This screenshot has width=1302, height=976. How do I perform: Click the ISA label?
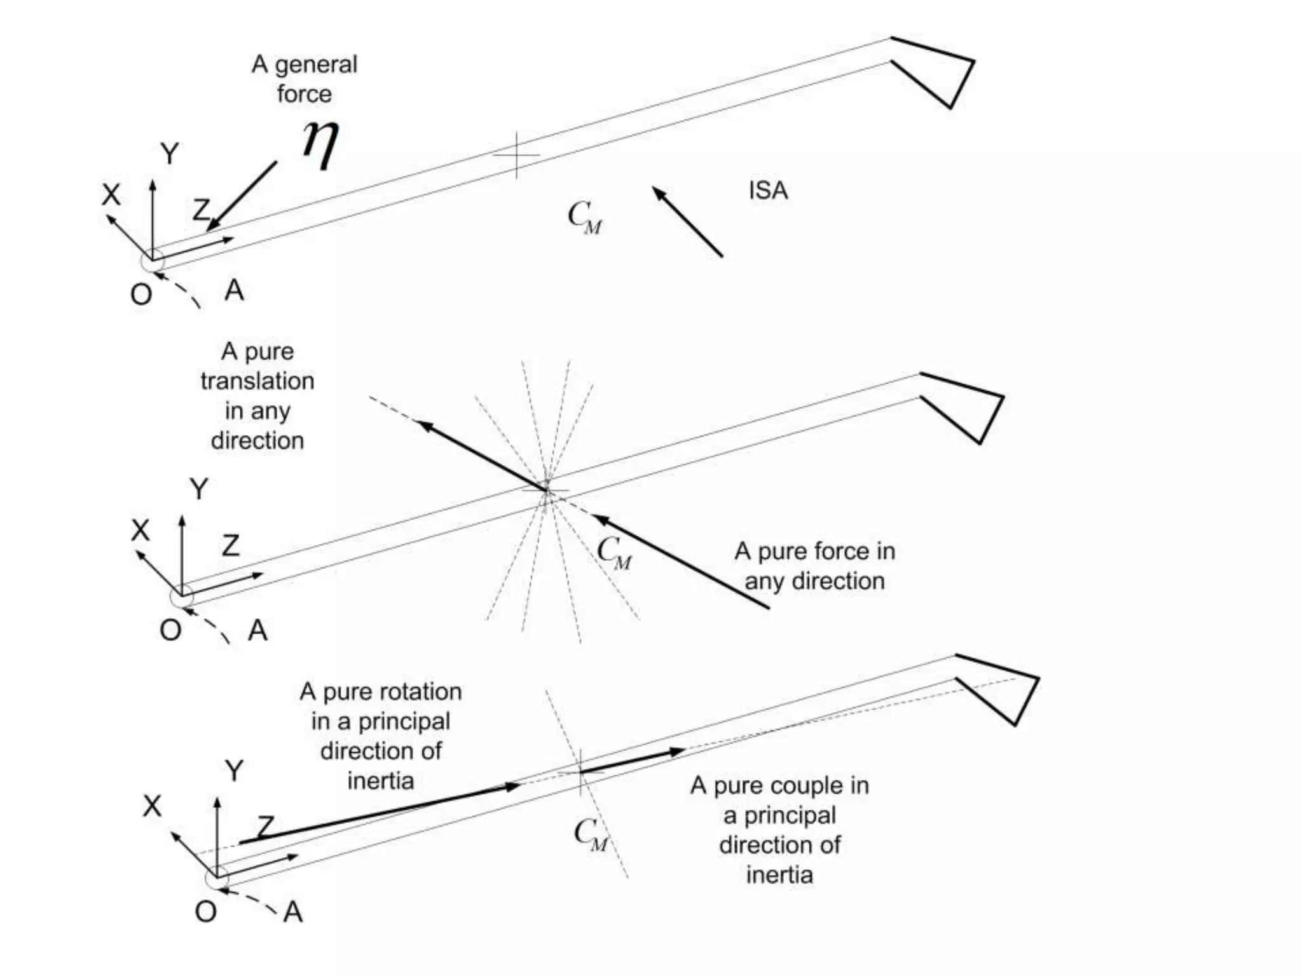pyautogui.click(x=768, y=191)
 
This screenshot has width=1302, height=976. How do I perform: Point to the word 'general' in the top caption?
pyautogui.click(x=316, y=65)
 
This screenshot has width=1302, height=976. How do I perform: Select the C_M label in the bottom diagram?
pyautogui.click(x=591, y=834)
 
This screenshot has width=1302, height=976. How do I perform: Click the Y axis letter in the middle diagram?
pyautogui.click(x=199, y=489)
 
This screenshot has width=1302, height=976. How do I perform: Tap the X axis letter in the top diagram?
pyautogui.click(x=111, y=194)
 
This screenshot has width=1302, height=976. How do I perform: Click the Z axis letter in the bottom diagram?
pyautogui.click(x=266, y=827)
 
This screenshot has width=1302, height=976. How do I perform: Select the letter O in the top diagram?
pyautogui.click(x=141, y=294)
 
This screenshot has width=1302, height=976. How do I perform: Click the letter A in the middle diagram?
pyautogui.click(x=257, y=630)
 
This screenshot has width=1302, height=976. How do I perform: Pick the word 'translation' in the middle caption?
pyautogui.click(x=257, y=381)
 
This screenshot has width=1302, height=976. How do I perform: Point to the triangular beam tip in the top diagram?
pyautogui.click(x=941, y=70)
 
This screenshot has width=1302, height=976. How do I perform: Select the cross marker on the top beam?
pyautogui.click(x=516, y=155)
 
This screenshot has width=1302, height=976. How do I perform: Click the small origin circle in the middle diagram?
pyautogui.click(x=182, y=597)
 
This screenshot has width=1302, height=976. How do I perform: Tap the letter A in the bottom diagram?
pyautogui.click(x=293, y=912)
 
